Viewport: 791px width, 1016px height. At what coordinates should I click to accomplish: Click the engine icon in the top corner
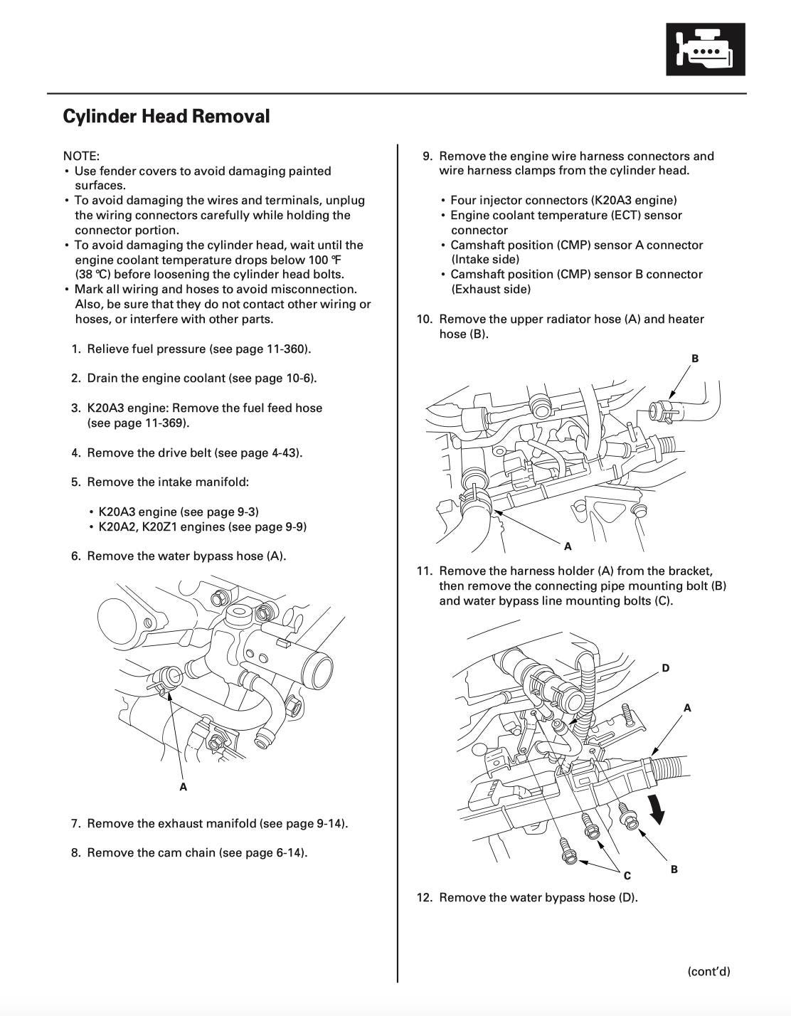click(705, 49)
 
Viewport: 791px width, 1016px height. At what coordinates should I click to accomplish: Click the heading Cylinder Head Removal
click(166, 116)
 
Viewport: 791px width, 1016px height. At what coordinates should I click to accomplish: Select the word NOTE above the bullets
click(80, 156)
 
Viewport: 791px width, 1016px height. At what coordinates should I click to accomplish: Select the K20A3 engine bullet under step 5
click(178, 512)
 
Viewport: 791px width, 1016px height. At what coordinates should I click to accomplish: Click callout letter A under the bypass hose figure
click(184, 787)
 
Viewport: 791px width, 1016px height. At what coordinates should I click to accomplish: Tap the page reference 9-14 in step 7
click(329, 823)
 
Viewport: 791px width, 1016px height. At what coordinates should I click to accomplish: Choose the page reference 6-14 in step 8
click(290, 852)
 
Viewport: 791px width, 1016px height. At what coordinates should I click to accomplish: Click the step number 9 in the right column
click(428, 156)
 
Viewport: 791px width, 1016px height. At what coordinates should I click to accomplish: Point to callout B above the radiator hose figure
click(695, 359)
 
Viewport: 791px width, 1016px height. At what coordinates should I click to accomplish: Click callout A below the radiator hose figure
click(568, 546)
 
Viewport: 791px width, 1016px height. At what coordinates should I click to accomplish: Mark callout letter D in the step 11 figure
click(666, 668)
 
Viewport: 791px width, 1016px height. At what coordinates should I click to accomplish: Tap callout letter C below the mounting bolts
click(627, 875)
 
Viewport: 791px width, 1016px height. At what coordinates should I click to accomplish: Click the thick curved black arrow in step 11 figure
click(657, 809)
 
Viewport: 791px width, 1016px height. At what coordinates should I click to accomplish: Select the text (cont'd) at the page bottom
click(708, 971)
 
